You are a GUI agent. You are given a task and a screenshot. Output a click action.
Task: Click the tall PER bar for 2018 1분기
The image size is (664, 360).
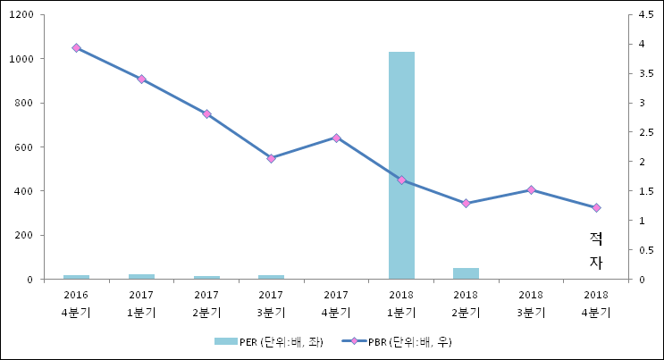[401, 165]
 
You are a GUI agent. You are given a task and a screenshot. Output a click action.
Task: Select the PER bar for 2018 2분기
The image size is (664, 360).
[466, 273]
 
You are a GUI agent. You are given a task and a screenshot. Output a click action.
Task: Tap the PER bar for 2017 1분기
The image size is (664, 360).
[141, 276]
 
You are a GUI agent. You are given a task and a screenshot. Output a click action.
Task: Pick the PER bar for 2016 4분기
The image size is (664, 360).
[76, 277]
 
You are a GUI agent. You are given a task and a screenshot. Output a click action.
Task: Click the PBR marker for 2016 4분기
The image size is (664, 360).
[76, 48]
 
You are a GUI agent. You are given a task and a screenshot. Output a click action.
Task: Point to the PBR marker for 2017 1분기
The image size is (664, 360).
[141, 80]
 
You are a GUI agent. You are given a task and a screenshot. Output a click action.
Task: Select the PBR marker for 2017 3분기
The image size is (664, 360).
[271, 158]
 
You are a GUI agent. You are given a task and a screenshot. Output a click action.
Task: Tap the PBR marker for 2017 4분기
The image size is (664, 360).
[336, 138]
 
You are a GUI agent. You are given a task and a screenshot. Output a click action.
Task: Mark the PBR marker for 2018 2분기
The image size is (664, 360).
[466, 204]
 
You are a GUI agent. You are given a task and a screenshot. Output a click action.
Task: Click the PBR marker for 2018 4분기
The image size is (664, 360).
[596, 208]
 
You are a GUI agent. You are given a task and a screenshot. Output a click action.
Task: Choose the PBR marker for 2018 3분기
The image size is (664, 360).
[531, 189]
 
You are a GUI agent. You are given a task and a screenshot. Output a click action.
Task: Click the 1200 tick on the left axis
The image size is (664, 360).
[21, 15]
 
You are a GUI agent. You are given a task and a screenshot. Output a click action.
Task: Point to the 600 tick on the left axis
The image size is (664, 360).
[24, 147]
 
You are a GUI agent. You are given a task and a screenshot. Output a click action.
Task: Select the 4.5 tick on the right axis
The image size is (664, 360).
[641, 15]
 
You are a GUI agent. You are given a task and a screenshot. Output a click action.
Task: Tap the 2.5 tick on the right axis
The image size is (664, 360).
[641, 132]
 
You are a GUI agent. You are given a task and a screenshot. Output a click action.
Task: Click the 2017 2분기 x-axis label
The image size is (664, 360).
[206, 303]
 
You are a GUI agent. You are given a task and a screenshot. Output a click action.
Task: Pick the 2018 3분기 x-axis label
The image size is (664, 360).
[531, 303]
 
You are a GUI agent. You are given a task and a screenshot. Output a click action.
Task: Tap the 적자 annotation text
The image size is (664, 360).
[596, 250]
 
